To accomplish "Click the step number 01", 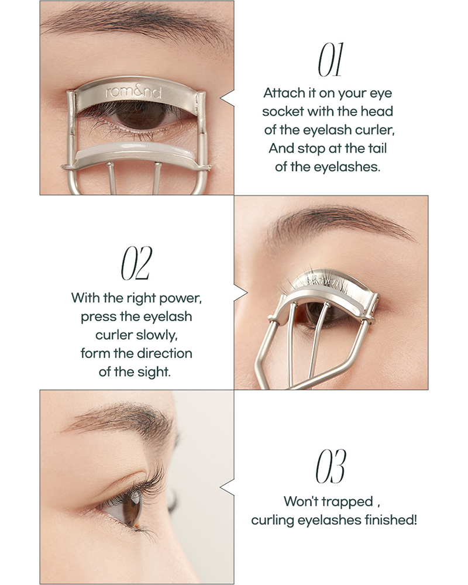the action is tap(329, 60).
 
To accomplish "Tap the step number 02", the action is tap(136, 263).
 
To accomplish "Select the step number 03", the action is tap(331, 466).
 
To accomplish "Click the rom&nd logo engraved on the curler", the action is tap(133, 92).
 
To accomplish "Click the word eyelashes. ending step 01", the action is tap(347, 167).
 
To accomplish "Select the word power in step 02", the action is tap(180, 298).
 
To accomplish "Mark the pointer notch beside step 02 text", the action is tap(240, 293).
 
